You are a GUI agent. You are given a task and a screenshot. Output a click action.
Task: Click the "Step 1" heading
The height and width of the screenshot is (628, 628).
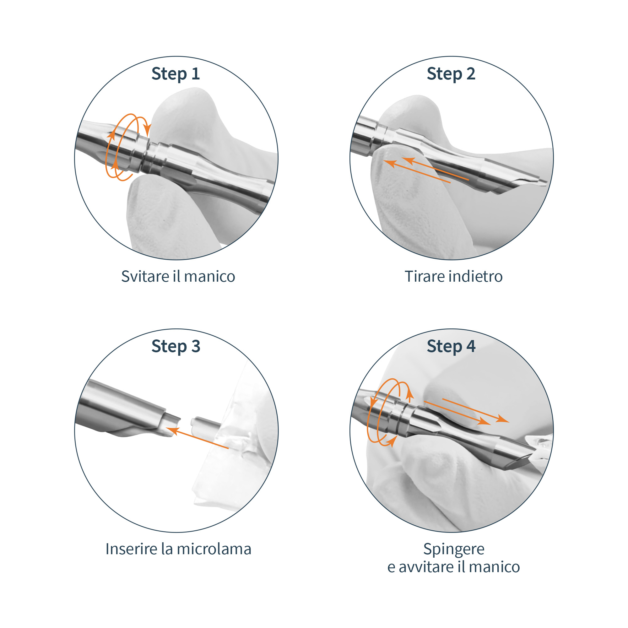(176, 74)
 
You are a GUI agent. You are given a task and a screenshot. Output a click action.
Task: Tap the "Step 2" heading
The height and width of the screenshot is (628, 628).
(451, 74)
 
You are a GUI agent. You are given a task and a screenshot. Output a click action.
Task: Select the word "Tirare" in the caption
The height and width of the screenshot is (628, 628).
(425, 277)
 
